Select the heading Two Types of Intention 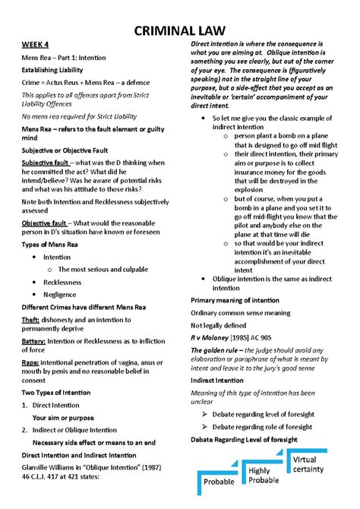coord(58,393)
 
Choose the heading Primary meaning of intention coord(240,301)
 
